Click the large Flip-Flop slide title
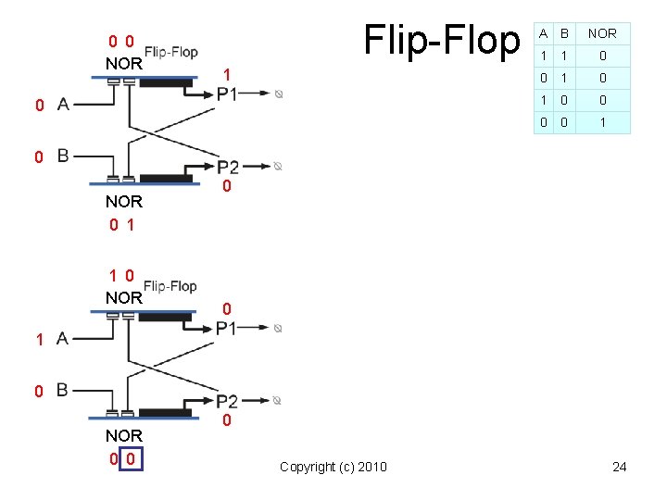[x=443, y=41]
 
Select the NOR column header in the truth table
[x=602, y=33]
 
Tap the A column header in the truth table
[x=544, y=33]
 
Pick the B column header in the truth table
[x=563, y=33]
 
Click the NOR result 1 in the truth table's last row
[x=602, y=122]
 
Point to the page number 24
[x=619, y=467]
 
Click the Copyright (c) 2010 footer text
[x=333, y=467]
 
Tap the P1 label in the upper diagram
[x=227, y=94]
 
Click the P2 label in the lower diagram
[x=228, y=402]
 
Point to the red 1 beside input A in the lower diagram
[x=39, y=340]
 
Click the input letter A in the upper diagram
[x=63, y=105]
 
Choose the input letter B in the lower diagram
[x=63, y=390]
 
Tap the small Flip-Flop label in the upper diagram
[x=170, y=52]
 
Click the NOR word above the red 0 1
[x=123, y=201]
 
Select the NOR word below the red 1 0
[x=123, y=298]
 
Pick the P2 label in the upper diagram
[x=228, y=168]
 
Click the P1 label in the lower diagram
[x=227, y=328]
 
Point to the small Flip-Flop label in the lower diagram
[x=170, y=286]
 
